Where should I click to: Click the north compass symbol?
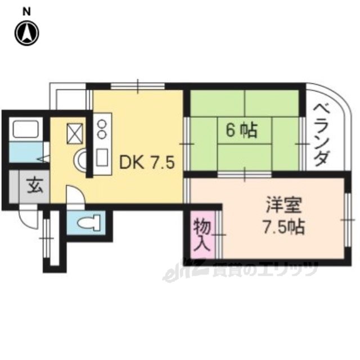click(x=26, y=33)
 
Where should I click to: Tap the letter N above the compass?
click(x=26, y=11)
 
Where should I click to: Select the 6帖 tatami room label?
click(x=241, y=131)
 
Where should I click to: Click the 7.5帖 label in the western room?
click(x=283, y=227)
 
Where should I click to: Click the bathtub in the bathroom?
click(x=25, y=130)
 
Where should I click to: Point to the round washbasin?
click(x=80, y=159)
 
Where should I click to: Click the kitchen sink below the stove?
click(x=102, y=157)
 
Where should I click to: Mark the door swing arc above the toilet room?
click(x=75, y=197)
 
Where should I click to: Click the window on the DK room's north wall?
click(x=137, y=85)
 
